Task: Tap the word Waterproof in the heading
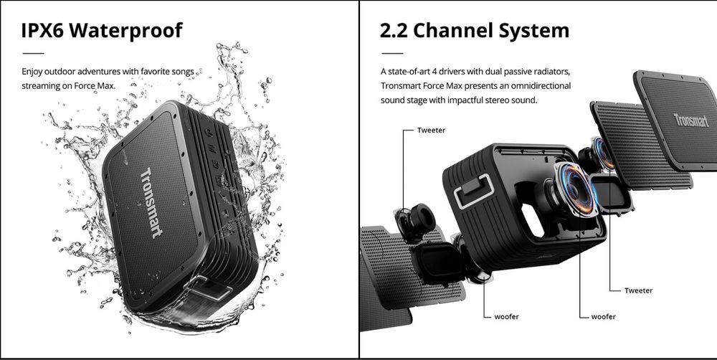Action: [126, 31]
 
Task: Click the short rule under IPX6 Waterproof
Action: [33, 54]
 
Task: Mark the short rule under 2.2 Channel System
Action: [392, 54]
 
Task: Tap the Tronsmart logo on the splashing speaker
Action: [151, 203]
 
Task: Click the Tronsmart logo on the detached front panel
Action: [691, 120]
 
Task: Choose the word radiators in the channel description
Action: [553, 72]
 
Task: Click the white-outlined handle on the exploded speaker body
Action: [474, 191]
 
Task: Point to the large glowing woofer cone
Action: [575, 189]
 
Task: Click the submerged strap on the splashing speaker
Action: [209, 288]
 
